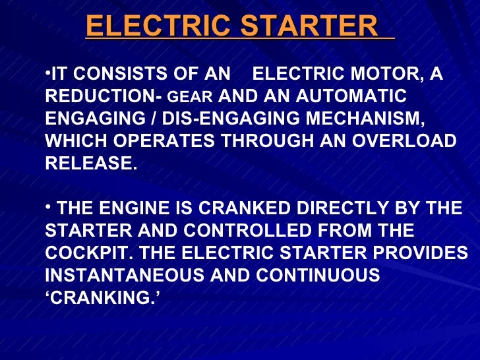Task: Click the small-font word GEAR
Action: (x=191, y=98)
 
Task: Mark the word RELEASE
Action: (x=91, y=164)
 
